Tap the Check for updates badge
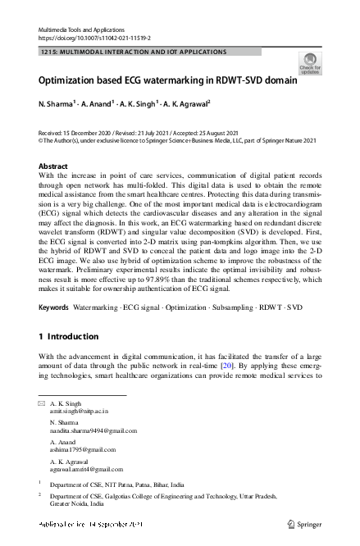(x=309, y=63)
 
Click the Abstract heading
(x=53, y=166)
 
